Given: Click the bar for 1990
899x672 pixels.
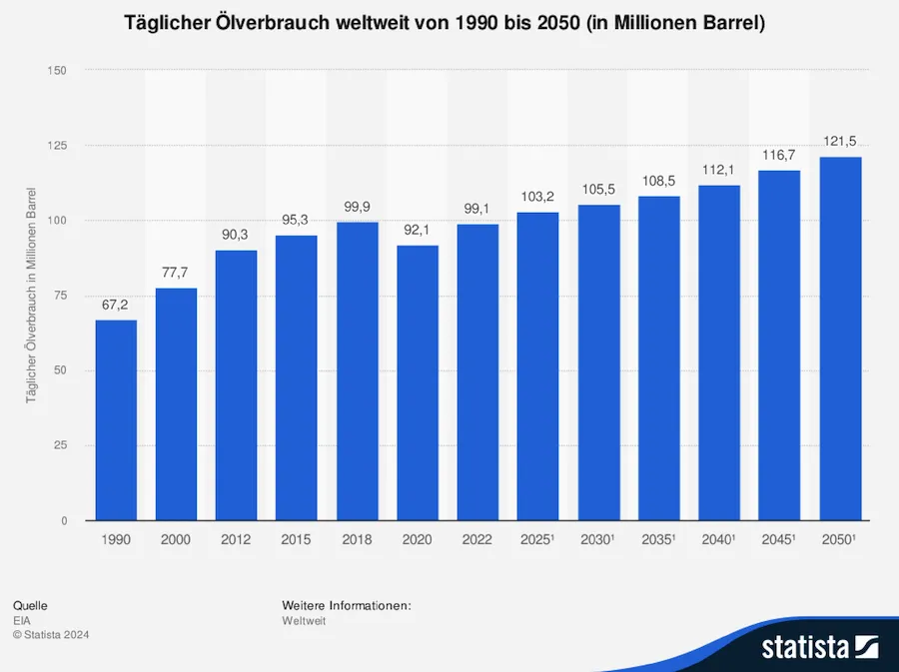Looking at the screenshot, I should [x=116, y=419].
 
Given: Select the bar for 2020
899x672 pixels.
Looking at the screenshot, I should [x=418, y=382].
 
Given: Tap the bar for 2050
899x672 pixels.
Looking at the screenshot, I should [x=840, y=338].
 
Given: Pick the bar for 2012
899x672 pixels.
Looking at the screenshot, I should [x=237, y=384].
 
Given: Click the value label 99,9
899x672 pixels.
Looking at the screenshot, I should [x=357, y=206].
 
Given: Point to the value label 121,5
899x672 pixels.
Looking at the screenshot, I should [x=840, y=141].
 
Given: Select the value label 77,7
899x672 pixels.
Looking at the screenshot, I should [x=176, y=272].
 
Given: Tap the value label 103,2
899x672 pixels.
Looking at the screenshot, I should [x=538, y=196].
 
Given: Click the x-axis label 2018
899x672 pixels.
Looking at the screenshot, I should [x=357, y=539].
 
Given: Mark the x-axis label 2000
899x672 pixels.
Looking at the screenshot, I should [x=176, y=539].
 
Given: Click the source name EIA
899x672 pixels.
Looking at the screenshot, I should [x=21, y=620].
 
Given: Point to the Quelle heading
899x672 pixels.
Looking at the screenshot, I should [x=30, y=605].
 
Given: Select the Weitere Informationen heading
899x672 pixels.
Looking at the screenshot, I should [x=347, y=605].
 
